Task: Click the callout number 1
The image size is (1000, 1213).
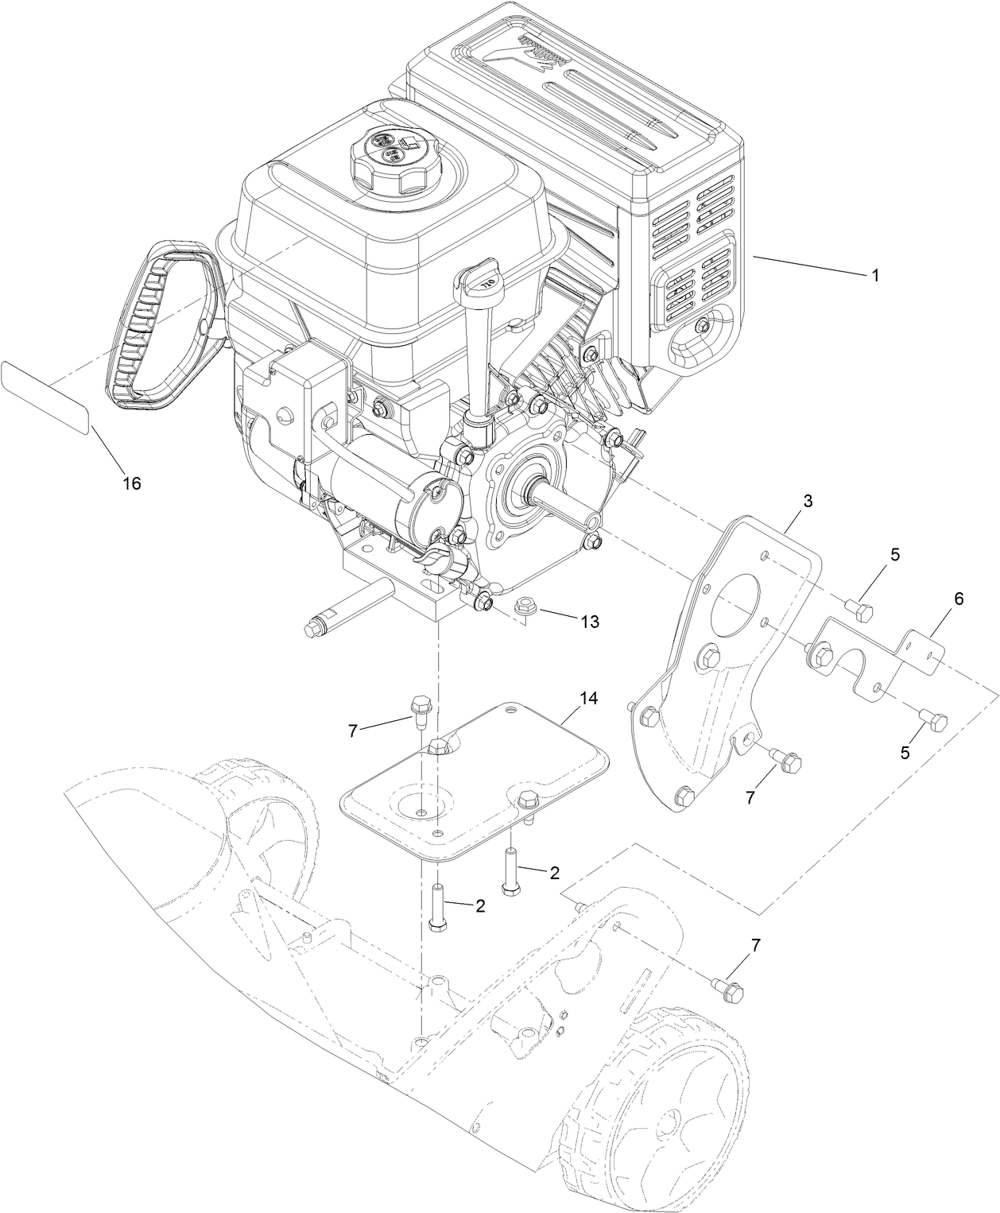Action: [x=874, y=276]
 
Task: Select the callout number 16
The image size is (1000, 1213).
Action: [x=132, y=482]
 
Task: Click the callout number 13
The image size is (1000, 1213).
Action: [x=590, y=622]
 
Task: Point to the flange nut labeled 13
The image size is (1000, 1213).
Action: [x=525, y=607]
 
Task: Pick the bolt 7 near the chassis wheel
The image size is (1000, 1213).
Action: [x=731, y=990]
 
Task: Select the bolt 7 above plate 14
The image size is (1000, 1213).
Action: [x=419, y=707]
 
